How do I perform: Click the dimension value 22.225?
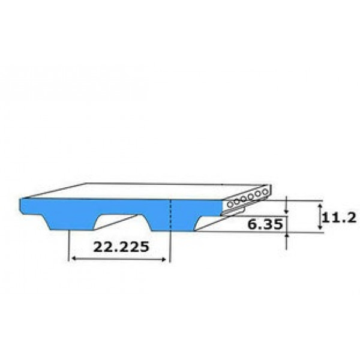click(121, 247)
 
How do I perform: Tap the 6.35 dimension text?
click(265, 224)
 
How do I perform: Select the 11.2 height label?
click(340, 218)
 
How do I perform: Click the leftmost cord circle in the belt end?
click(230, 204)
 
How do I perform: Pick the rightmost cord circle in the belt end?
click(265, 192)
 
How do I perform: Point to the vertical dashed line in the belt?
click(170, 215)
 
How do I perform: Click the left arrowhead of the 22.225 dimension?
click(74, 259)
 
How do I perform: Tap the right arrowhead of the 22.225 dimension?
click(163, 259)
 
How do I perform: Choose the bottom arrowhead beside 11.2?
click(319, 226)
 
